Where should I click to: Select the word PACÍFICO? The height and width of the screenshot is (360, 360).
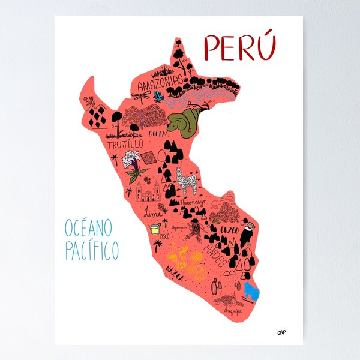coord(92,250)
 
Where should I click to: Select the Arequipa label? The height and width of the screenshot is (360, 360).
coord(233,312)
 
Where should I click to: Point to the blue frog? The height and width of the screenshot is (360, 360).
coord(159,96)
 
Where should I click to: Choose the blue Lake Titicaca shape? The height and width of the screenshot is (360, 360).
coord(251,292)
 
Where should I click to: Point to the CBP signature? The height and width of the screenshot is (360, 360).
coord(281,332)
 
